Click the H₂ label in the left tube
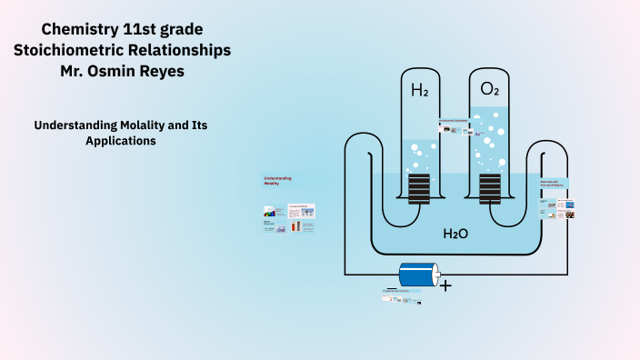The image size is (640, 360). [x=419, y=90]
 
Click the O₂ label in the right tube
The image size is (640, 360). [x=490, y=89]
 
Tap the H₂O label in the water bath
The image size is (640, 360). [x=455, y=234]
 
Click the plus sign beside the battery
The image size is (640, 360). [x=445, y=285]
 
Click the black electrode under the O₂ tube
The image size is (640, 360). [x=490, y=189]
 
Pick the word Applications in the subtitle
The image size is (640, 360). [x=122, y=141]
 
